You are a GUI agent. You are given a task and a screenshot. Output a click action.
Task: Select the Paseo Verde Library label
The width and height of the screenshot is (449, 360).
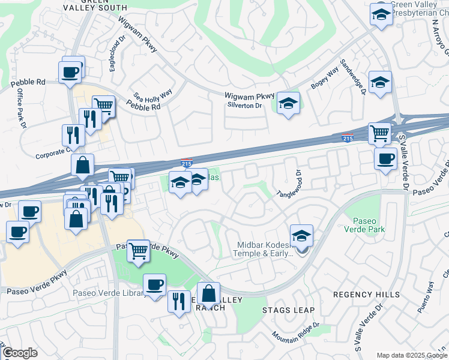click(109, 293)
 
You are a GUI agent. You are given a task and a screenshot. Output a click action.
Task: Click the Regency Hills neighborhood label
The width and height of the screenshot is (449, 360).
click(366, 295)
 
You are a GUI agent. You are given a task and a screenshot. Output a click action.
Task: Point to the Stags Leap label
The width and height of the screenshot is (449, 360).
click(285, 310)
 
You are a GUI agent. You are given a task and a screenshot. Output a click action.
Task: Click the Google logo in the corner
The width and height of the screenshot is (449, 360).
click(20, 353)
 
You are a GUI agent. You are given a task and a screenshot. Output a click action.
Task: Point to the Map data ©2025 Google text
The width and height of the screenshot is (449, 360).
click(411, 355)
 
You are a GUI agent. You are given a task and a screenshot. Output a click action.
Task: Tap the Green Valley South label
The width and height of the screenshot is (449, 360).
click(96, 5)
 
